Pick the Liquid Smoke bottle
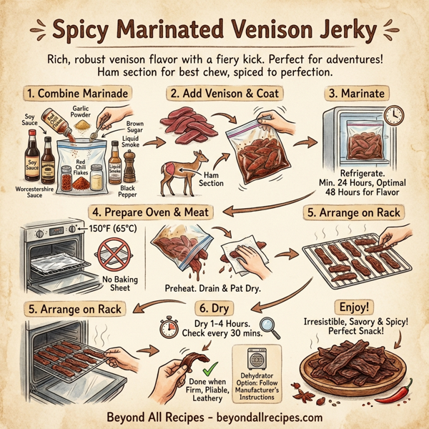click(x=115, y=163)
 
